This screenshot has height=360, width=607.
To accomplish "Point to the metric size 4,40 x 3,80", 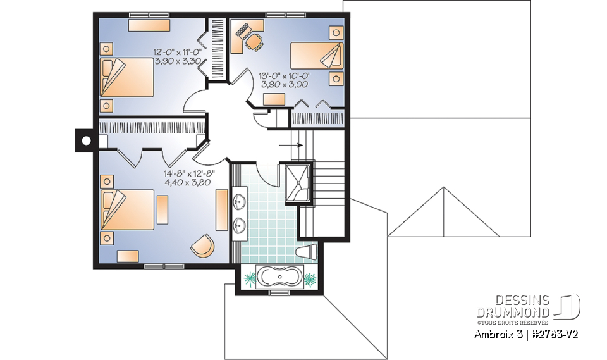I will [187, 182].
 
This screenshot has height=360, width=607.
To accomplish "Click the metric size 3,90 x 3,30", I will [178, 61].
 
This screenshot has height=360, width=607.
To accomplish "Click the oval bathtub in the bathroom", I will [278, 278].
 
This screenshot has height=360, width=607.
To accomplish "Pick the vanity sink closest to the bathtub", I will [239, 224].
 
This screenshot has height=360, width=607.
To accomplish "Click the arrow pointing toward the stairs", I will [291, 145].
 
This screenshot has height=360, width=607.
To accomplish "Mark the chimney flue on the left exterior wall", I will [83, 140].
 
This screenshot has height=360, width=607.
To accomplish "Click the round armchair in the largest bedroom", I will [202, 246].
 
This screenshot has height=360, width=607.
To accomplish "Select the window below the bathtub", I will [278, 293].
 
